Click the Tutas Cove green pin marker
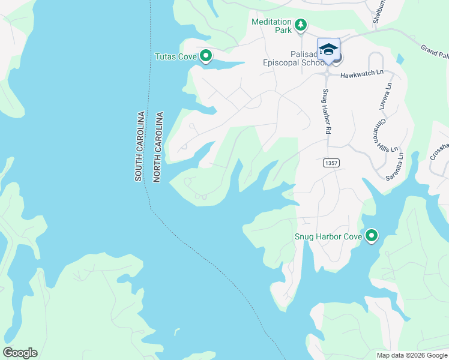pos(206,56)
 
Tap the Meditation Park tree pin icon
pos(301,25)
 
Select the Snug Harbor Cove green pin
pos(372,236)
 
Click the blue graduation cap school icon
pos(328,49)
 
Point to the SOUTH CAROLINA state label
pos(139,146)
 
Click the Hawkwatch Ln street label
pos(361,74)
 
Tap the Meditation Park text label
pos(271,22)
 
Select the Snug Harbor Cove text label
pos(328,236)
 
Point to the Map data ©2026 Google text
pos(411,355)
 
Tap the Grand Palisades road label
pos(435,53)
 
